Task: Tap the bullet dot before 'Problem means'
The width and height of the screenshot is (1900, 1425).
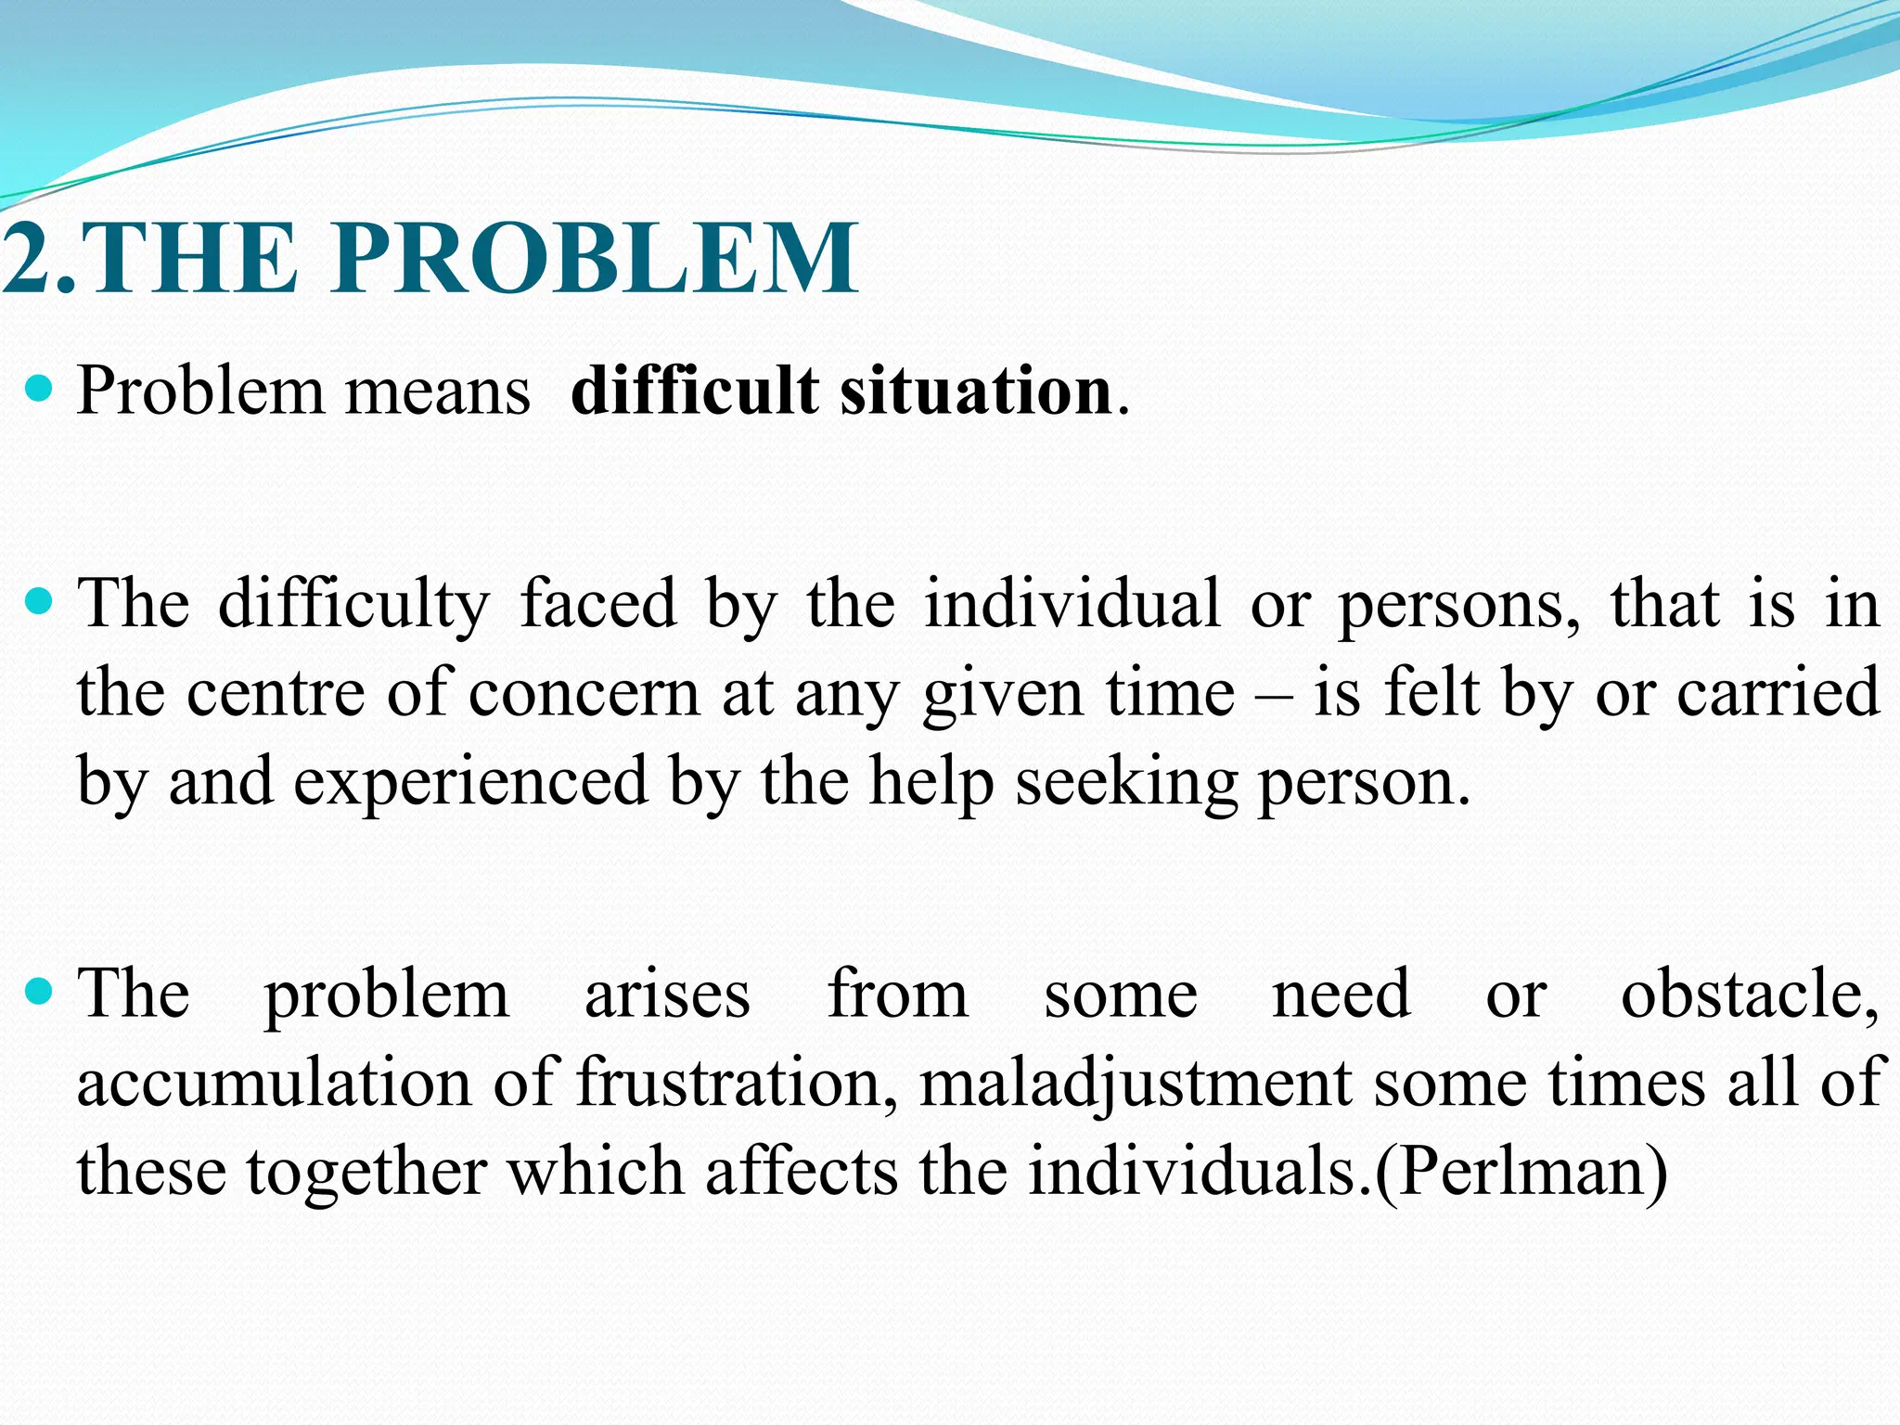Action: tap(39, 388)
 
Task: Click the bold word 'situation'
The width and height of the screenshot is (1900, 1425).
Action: tap(975, 391)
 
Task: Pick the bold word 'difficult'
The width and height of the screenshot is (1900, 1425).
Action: tap(695, 391)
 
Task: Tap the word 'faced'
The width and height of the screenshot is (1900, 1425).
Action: tap(598, 604)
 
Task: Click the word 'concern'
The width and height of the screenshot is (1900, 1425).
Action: tap(584, 693)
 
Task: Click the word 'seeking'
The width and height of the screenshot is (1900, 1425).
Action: tap(1126, 782)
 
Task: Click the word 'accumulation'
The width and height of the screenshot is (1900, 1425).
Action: tap(274, 1083)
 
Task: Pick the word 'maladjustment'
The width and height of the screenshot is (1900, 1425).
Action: tap(1136, 1083)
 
